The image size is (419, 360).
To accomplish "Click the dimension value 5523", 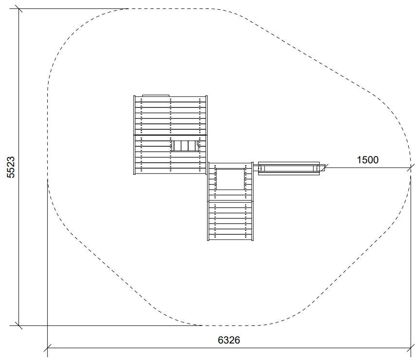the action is coord(11,167).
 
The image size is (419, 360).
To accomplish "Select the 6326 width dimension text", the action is coord(229,340).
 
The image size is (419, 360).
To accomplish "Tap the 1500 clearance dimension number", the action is coord(367,160).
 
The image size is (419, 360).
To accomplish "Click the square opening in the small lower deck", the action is coord(230,179).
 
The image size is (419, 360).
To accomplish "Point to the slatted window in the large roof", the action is coord(185,146).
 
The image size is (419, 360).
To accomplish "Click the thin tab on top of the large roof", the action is coord(156,95).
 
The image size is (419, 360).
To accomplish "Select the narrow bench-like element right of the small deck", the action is coord(289,168).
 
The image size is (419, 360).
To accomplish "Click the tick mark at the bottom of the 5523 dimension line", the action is coord(18,326).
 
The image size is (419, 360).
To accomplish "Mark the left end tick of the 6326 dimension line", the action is coord(47,348).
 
